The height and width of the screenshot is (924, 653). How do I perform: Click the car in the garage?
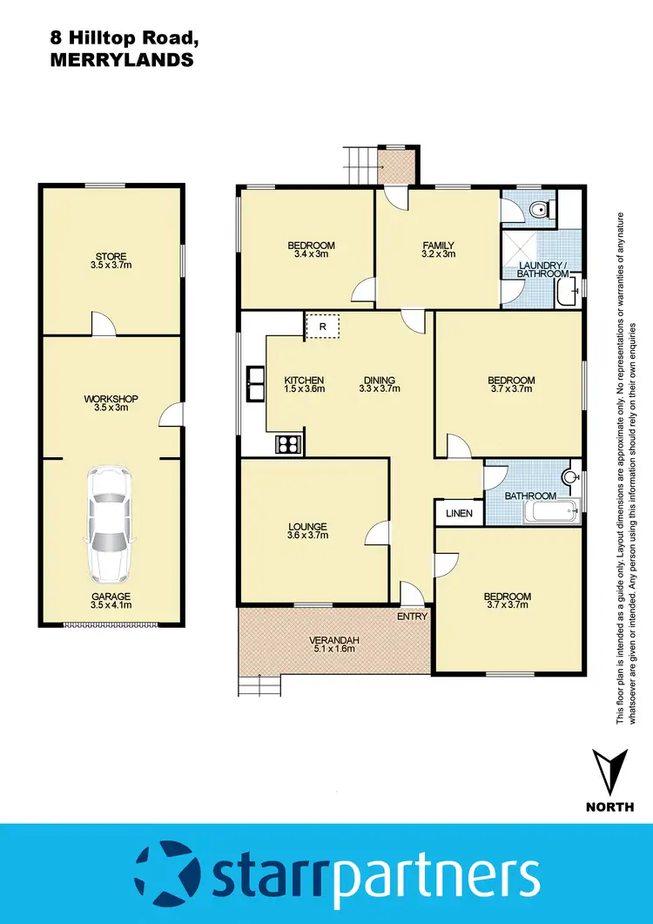(111, 525)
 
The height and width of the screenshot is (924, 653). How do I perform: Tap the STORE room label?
(111, 257)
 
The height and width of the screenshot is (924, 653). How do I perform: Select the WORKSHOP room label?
(111, 399)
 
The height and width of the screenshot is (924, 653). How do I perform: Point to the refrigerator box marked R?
(322, 327)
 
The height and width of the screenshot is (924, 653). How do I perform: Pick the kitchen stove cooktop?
(288, 443)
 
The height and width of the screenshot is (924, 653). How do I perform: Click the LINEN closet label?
(459, 513)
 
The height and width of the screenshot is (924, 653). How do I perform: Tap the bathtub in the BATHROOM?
(552, 513)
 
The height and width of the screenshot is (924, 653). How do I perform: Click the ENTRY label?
(412, 617)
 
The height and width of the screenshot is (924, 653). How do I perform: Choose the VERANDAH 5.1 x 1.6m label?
(334, 644)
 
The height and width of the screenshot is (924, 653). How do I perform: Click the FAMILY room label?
(438, 246)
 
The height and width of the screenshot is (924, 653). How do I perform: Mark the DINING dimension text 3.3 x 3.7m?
(379, 389)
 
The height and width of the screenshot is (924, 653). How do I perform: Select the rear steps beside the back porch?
(360, 165)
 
